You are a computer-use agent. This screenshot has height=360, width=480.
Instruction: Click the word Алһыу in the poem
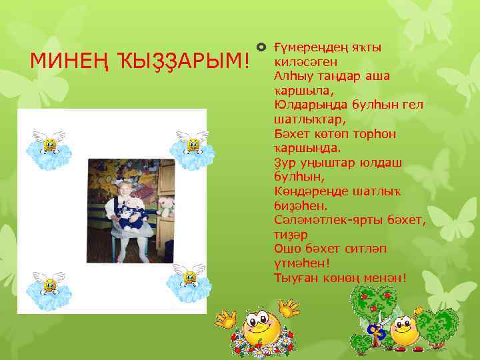[291, 77]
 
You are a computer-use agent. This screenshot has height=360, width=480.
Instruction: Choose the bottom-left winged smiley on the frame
[48, 285]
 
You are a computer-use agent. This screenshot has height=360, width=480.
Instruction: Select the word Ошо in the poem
[287, 249]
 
